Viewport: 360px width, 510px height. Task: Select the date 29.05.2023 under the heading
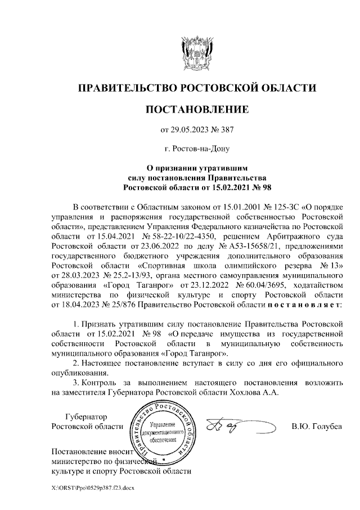coord(188,131)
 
